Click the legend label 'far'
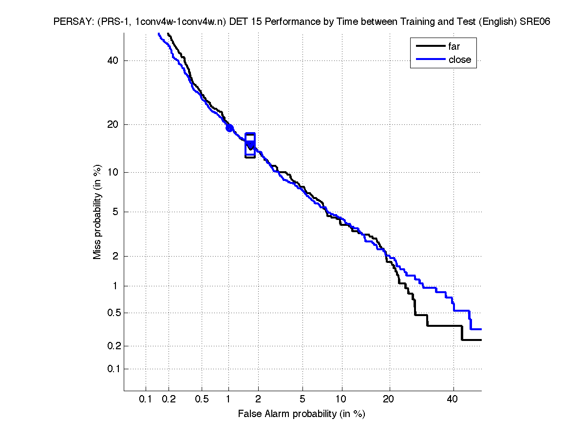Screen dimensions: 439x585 (453, 47)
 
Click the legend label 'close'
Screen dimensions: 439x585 (459, 60)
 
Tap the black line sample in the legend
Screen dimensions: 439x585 (431, 47)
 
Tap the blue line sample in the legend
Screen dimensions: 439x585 (431, 60)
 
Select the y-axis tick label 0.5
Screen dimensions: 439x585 (113, 313)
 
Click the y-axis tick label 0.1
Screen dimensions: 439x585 (113, 369)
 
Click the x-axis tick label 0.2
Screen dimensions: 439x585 (169, 399)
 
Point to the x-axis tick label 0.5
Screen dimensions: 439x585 (202, 399)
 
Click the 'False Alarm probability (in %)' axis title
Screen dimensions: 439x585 (302, 414)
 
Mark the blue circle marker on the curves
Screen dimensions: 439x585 (229, 128)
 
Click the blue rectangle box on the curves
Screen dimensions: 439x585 (250, 145)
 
